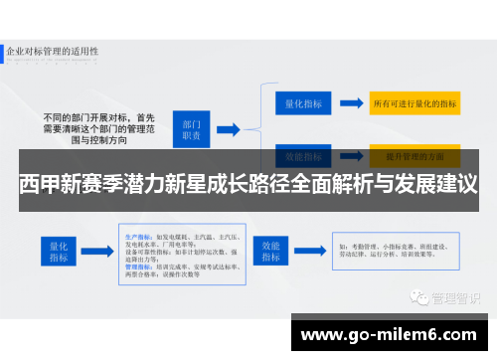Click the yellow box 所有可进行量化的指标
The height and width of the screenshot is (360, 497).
coord(414,102)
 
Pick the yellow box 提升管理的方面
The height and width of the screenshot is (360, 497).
coord(414,156)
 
